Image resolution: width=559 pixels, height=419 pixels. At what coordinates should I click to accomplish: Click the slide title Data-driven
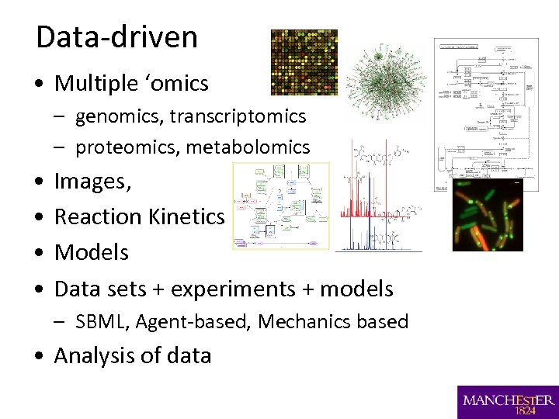click(x=116, y=37)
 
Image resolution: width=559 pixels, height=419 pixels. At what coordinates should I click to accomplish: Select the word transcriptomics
click(x=238, y=116)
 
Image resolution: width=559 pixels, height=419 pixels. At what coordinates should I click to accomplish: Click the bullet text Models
click(x=92, y=252)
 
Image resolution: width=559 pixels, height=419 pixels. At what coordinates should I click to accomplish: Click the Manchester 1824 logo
click(x=508, y=402)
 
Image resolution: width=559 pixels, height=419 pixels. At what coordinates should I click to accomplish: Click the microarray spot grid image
click(x=304, y=62)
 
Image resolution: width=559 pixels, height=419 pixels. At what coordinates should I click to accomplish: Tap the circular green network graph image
click(x=384, y=81)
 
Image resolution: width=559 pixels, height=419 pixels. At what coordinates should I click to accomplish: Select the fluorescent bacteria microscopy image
click(x=488, y=215)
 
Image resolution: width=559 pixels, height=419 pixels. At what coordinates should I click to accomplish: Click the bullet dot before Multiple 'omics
click(x=40, y=84)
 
